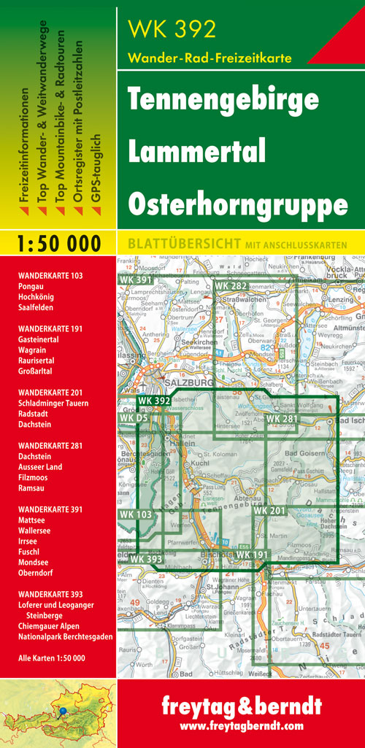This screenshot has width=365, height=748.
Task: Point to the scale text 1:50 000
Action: (58, 244)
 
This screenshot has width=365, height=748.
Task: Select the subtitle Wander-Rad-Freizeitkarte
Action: (210, 57)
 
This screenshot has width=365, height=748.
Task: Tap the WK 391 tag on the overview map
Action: (134, 279)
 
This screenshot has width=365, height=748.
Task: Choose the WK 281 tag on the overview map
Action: (282, 418)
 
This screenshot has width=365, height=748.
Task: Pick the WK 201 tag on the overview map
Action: (269, 511)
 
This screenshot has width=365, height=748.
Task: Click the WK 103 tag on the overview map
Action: (135, 515)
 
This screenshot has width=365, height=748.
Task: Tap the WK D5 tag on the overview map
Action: (134, 417)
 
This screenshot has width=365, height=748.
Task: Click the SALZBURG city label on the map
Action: (189, 382)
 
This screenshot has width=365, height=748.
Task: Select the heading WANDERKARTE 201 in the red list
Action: (53, 393)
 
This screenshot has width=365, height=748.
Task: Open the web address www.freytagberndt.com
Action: (241, 727)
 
